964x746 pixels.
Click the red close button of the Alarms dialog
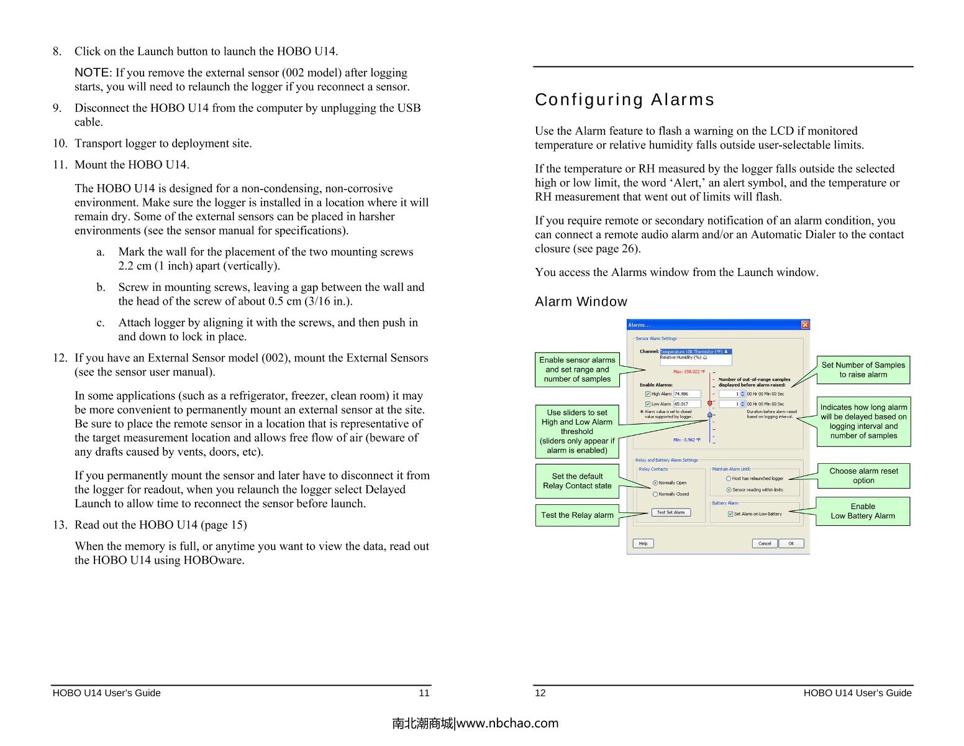805,325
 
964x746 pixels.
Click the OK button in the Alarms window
791,543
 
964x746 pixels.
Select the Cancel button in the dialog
765,543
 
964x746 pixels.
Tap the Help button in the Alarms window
643,543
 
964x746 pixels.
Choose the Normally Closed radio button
655,494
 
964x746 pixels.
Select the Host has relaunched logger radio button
729,479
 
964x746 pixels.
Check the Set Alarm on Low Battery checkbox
730,514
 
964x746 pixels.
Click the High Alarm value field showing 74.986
686,394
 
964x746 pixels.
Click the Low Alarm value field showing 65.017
686,404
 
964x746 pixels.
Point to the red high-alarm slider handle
709,403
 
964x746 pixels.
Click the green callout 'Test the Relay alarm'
577,515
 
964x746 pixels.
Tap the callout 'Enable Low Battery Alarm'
862,511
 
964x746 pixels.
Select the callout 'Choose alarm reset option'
863,476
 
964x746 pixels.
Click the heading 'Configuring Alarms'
624,99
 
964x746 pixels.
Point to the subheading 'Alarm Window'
581,302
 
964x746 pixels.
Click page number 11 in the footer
424,693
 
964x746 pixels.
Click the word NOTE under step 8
92,73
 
